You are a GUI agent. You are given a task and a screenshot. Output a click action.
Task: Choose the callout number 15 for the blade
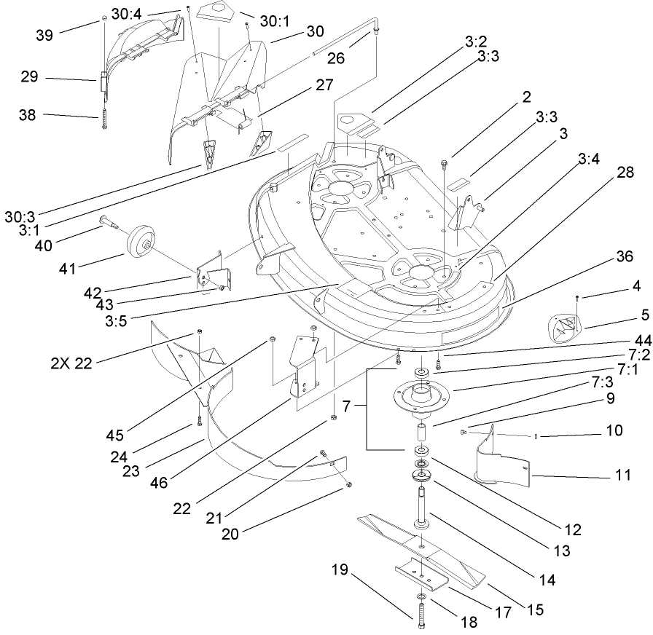tap(536, 610)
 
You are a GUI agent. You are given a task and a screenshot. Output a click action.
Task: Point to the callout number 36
tap(624, 256)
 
